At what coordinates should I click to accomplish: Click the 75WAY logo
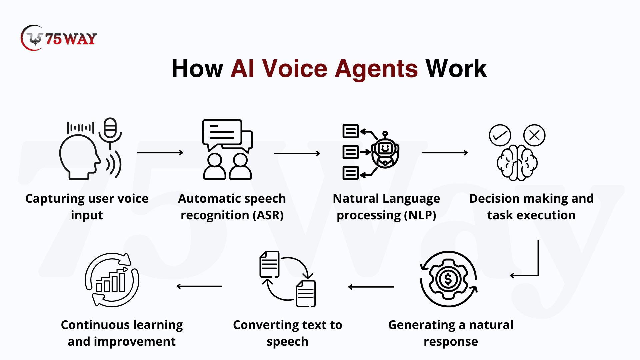59,38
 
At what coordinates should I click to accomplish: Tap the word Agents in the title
376,69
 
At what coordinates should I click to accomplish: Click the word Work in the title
456,69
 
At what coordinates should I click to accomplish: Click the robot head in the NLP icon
385,152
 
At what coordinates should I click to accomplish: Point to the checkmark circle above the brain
500,135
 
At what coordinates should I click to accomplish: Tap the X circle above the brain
534,135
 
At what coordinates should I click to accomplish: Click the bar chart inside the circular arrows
111,282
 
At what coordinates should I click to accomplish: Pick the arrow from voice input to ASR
160,153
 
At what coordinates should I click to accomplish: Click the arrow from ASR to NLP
297,153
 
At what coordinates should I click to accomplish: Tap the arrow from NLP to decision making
445,153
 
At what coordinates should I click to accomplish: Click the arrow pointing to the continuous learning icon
199,286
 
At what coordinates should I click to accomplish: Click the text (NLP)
420,215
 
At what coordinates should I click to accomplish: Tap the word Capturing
55,199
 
